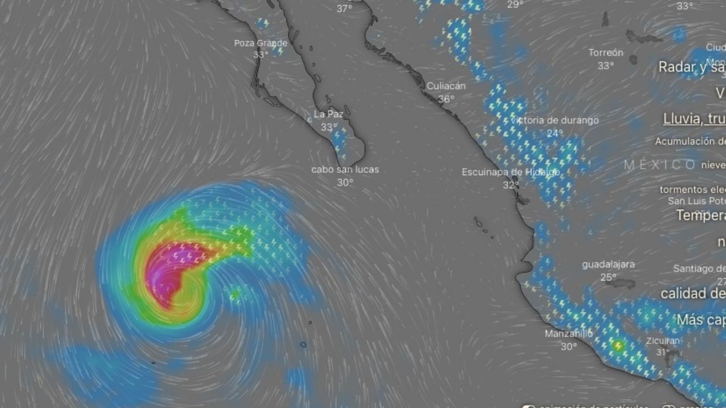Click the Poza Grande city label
pyautogui.click(x=261, y=43)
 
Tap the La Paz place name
pyautogui.click(x=328, y=114)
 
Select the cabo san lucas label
pyautogui.click(x=345, y=169)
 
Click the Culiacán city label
pyautogui.click(x=446, y=86)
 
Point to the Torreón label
pyautogui.click(x=606, y=53)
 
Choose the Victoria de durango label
pyautogui.click(x=555, y=120)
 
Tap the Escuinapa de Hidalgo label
pyautogui.click(x=510, y=172)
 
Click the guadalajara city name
pyautogui.click(x=608, y=265)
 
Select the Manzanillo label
pyautogui.click(x=568, y=334)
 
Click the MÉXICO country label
pyautogui.click(x=660, y=165)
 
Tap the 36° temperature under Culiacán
pyautogui.click(x=446, y=99)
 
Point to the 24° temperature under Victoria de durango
pyautogui.click(x=555, y=133)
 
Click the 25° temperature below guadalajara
pyautogui.click(x=608, y=278)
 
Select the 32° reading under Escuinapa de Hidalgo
pyautogui.click(x=510, y=185)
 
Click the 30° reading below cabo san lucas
pyautogui.click(x=345, y=182)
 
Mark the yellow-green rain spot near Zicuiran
pyautogui.click(x=618, y=345)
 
